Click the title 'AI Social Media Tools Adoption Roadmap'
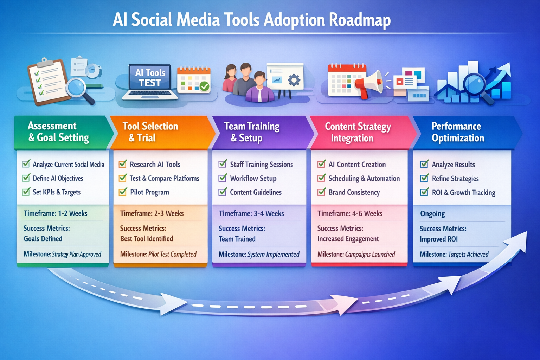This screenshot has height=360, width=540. point(252,20)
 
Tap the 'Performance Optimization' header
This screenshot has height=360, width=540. point(458,132)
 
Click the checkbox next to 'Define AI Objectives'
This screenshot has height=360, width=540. point(26,178)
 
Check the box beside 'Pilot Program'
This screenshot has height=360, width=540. point(123,192)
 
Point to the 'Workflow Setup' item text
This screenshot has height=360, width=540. point(253,178)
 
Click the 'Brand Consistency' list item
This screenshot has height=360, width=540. point(354,192)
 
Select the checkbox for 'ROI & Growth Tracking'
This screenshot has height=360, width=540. point(425,192)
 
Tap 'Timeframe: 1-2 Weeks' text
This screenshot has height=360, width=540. point(56,213)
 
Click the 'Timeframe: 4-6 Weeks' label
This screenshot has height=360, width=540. point(350,213)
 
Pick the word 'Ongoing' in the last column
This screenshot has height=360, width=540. point(432,214)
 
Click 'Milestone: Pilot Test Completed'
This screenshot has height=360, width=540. point(158,254)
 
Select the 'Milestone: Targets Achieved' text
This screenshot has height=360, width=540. point(454,254)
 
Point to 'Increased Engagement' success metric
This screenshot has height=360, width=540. point(348,239)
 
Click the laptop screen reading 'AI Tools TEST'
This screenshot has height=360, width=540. point(150,78)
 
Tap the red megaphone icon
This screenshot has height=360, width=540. point(369,84)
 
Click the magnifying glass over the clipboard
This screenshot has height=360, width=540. point(77,88)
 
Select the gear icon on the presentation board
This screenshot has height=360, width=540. point(294,80)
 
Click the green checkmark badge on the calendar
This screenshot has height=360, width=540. point(204,86)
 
